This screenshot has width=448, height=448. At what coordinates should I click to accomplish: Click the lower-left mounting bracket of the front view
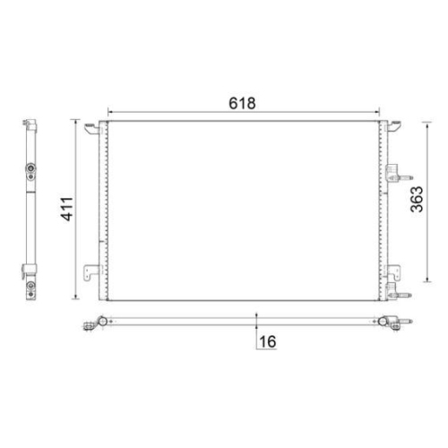93,272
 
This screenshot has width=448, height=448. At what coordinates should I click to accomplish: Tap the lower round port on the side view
30,287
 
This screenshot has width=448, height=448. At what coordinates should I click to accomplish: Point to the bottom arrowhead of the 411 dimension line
79,298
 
